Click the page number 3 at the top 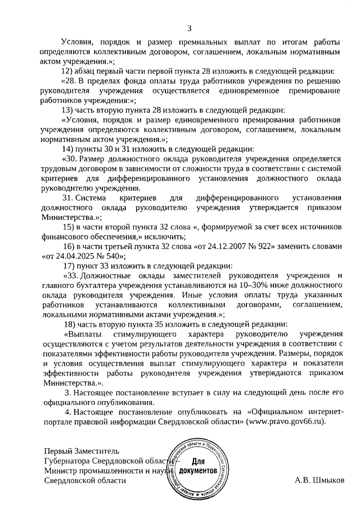(x=189, y=29)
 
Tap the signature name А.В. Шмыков (x=319, y=480)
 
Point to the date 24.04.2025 (x=72, y=256)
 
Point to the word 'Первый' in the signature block (x=58, y=450)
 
